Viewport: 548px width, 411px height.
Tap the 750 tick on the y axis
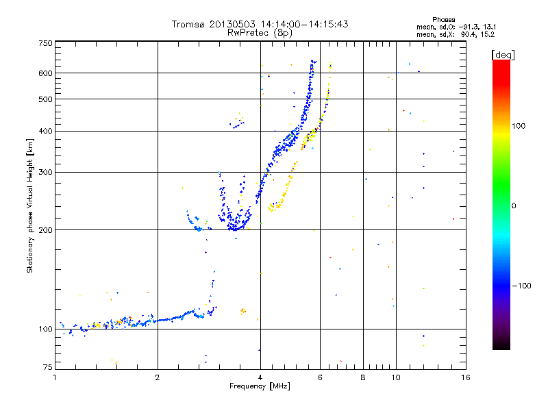(45, 43)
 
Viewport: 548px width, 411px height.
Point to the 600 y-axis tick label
(45, 73)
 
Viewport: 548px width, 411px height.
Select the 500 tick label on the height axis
(45, 99)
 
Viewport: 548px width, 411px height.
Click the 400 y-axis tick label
(45, 131)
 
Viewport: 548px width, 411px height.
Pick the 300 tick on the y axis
(45, 172)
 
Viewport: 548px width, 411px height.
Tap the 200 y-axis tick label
(45, 230)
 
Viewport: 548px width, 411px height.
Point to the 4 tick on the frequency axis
(260, 377)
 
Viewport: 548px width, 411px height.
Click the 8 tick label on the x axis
(363, 377)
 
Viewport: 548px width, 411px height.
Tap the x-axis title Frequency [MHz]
(260, 387)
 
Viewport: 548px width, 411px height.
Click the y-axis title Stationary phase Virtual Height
(30, 206)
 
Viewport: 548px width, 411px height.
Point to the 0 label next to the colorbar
(516, 206)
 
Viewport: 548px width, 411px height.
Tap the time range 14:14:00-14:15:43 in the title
(300, 24)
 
